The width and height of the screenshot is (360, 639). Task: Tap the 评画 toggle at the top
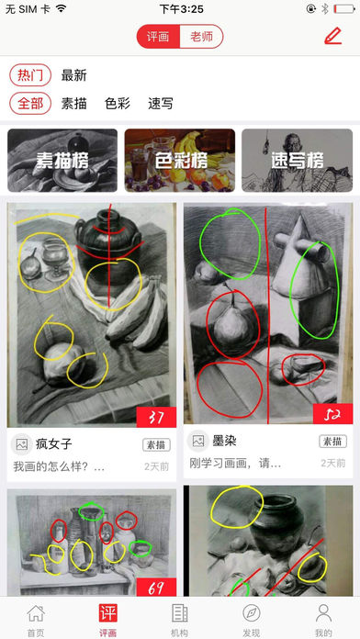point(158,37)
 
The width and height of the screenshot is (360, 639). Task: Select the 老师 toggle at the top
point(201,37)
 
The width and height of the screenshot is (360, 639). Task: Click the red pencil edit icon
point(332,37)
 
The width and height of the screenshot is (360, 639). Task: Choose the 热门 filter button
point(30,75)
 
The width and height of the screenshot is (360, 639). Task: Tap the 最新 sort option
point(74,75)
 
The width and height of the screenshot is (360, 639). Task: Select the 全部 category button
point(30,103)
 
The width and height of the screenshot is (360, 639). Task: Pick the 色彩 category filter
point(118,103)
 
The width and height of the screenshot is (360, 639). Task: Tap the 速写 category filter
point(161,103)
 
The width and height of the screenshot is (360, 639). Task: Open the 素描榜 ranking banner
point(62,160)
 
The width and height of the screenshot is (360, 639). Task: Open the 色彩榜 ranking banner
point(180,160)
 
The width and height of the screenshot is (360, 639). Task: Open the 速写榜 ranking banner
point(297,160)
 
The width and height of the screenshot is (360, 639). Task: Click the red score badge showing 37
point(156,418)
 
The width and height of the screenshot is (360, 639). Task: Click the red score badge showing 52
point(332,414)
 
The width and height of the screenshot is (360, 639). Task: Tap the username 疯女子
point(54,444)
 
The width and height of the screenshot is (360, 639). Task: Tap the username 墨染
point(225,441)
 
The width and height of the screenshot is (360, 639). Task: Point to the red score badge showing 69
point(156,587)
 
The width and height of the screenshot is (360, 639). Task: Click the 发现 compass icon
point(252,612)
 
